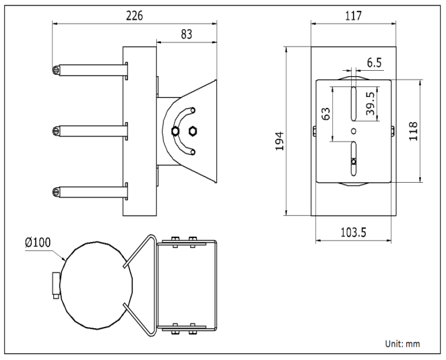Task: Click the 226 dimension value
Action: (x=134, y=16)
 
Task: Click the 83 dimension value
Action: (x=187, y=34)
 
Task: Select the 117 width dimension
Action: (x=353, y=16)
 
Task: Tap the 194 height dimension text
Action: (x=280, y=141)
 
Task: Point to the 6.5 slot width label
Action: (x=374, y=63)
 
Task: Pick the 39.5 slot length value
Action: (x=371, y=103)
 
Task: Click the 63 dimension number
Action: (x=326, y=114)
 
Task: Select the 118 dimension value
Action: (x=413, y=131)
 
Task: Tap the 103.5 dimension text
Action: (x=354, y=233)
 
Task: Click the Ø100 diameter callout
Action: (x=38, y=243)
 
